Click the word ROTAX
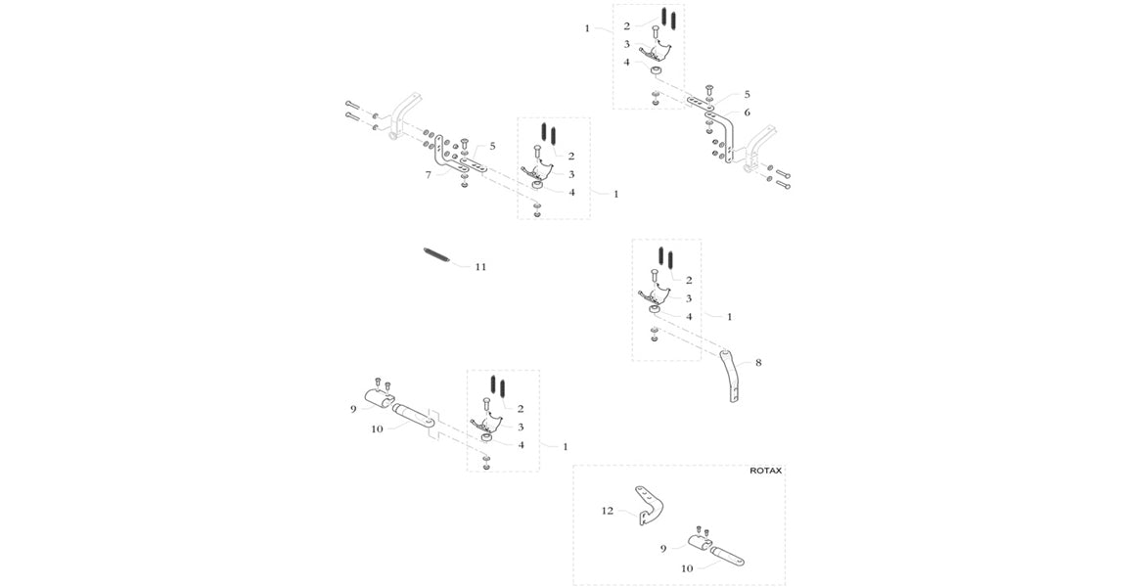pos(765,471)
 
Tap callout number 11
pos(479,266)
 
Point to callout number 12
pos(607,510)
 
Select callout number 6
pos(747,113)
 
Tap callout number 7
pos(428,175)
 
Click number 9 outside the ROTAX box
pos(353,408)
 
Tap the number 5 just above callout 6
pos(747,95)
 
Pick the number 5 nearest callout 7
pos(492,146)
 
